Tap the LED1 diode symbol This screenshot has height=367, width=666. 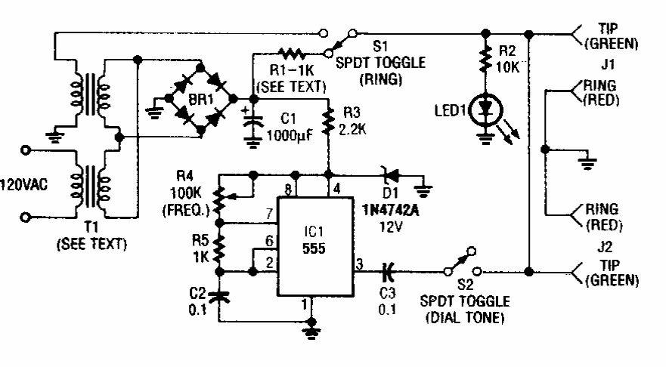(x=484, y=110)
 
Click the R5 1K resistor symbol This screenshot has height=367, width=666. (x=220, y=248)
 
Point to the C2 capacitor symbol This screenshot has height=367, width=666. (x=220, y=297)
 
